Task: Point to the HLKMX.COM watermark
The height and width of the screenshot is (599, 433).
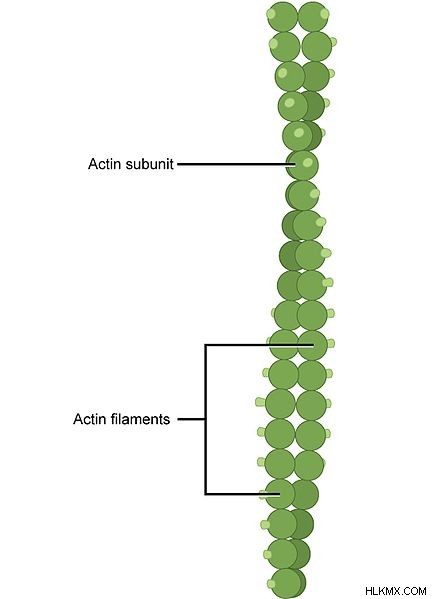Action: pyautogui.click(x=396, y=591)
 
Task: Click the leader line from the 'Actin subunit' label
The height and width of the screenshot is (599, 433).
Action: pyautogui.click(x=236, y=165)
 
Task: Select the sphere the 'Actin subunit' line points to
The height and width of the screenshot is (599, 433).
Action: pyautogui.click(x=303, y=165)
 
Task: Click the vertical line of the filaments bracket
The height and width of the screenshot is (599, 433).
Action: pyautogui.click(x=206, y=419)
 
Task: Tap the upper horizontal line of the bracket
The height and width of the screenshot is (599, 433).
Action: pyautogui.click(x=259, y=345)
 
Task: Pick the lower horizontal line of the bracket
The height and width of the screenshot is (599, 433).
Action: pyautogui.click(x=243, y=494)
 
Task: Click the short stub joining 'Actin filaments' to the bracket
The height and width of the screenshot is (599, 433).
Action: pyautogui.click(x=191, y=419)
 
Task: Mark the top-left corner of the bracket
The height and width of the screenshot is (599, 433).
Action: pyautogui.click(x=206, y=345)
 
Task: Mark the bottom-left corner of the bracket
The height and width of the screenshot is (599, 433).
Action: pyautogui.click(x=206, y=494)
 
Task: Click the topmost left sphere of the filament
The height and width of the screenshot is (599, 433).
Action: pyautogui.click(x=282, y=17)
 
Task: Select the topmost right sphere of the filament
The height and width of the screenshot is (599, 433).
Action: pyautogui.click(x=313, y=17)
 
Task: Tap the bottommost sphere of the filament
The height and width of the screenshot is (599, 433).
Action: pyautogui.click(x=287, y=584)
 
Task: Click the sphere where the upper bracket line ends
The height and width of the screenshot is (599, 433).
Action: pyautogui.click(x=313, y=345)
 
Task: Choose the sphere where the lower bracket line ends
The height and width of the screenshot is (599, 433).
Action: pyautogui.click(x=280, y=494)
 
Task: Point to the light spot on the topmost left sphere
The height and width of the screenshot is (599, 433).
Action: pyautogui.click(x=271, y=13)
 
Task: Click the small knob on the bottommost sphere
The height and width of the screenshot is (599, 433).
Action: pyautogui.click(x=271, y=584)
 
